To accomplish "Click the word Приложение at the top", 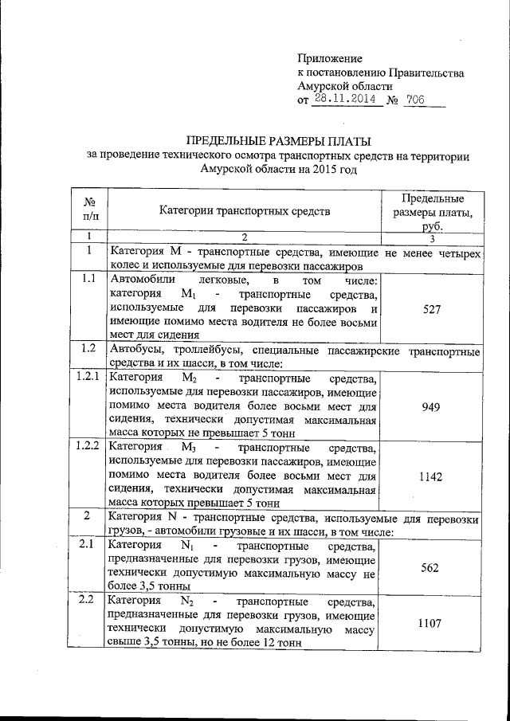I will click(x=329, y=59).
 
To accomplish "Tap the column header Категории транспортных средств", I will click(x=244, y=211).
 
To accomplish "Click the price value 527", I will click(x=432, y=309).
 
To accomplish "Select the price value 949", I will click(x=432, y=404).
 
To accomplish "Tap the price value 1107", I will click(x=432, y=627).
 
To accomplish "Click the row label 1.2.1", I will click(x=90, y=377).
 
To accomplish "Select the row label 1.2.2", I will click(x=90, y=446).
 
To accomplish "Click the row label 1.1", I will click(x=90, y=279).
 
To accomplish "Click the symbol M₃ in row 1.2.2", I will click(x=190, y=447).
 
